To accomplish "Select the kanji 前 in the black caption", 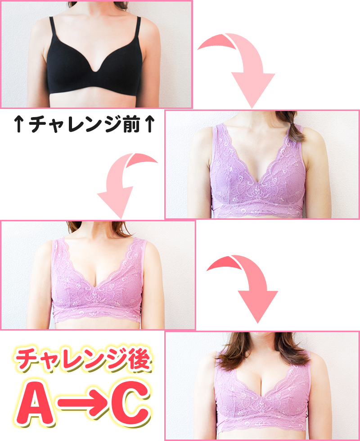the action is click(x=129, y=124).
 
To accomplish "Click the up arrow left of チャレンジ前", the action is click(x=19, y=125).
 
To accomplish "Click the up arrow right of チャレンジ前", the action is click(x=149, y=125).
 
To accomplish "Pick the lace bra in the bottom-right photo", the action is click(x=263, y=396).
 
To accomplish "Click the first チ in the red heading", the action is click(x=27, y=360).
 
